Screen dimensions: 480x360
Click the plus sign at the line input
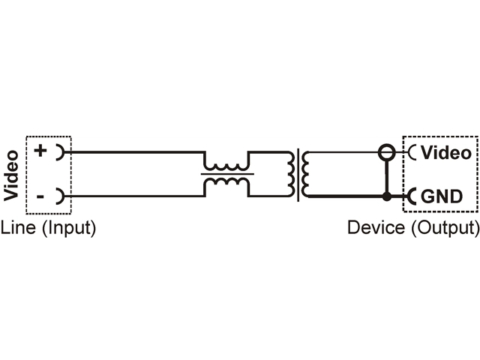(40, 150)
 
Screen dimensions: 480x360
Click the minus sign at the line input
(40, 196)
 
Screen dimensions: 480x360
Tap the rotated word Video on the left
(11, 175)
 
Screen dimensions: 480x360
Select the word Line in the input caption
(18, 228)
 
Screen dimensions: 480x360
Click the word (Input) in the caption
(69, 228)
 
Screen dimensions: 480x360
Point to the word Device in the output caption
(376, 228)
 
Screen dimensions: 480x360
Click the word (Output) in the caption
(445, 228)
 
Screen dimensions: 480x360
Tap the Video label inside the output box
(446, 152)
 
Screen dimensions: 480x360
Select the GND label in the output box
(442, 196)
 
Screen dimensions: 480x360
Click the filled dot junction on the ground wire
(387, 196)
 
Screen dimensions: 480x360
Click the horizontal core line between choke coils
(227, 174)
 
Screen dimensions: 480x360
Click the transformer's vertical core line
(298, 175)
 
